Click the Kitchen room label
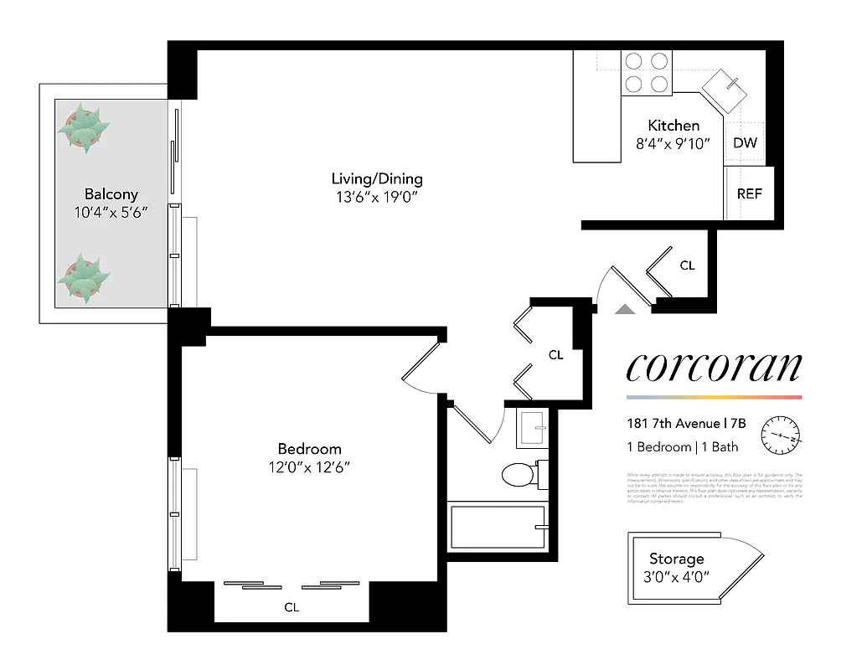click(x=673, y=126)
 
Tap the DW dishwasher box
click(x=745, y=142)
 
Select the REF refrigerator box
click(x=749, y=193)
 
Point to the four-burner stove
click(x=647, y=72)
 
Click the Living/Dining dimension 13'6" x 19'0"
click(x=377, y=198)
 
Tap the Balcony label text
click(x=111, y=194)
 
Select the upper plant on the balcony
click(x=84, y=126)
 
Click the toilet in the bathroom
click(x=519, y=475)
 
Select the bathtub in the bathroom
click(x=498, y=526)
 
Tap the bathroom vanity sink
click(x=532, y=428)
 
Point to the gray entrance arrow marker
click(x=625, y=309)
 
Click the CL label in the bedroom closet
click(x=291, y=607)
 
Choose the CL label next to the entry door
click(x=687, y=265)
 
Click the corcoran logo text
click(x=714, y=366)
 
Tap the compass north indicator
click(x=781, y=435)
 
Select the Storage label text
click(x=676, y=559)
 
